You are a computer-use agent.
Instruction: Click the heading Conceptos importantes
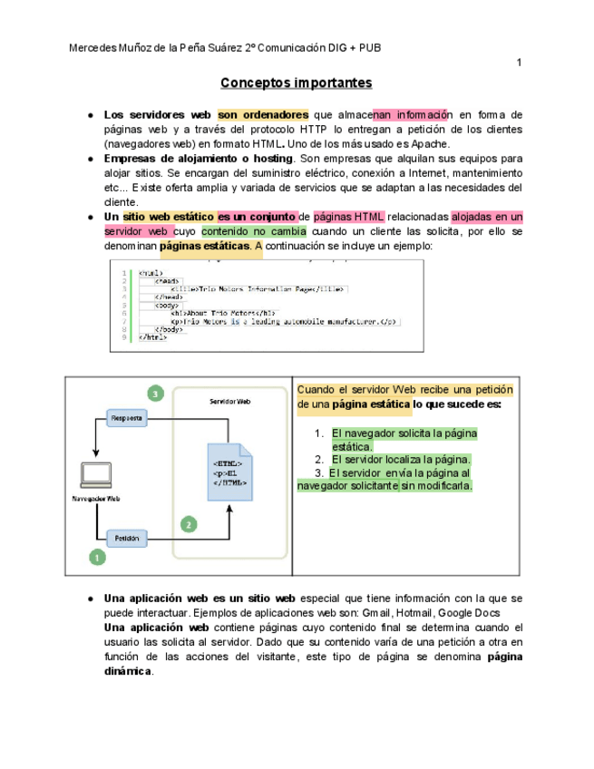pyautogui.click(x=296, y=83)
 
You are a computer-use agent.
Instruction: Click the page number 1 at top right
pyautogui.click(x=519, y=63)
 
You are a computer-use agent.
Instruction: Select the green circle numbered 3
pyautogui.click(x=156, y=394)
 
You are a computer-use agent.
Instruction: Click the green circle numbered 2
pyautogui.click(x=189, y=523)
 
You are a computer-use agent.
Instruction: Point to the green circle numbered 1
pyautogui.click(x=96, y=558)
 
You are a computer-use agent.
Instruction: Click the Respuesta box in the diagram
pyautogui.click(x=128, y=419)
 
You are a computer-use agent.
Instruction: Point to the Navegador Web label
pyautogui.click(x=96, y=498)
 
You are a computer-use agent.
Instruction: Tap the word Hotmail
pyautogui.click(x=420, y=613)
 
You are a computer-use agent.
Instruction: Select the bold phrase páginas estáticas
pyautogui.click(x=205, y=246)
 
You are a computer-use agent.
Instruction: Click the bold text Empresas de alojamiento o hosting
pyautogui.click(x=198, y=159)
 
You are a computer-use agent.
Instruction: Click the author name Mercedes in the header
pyautogui.click(x=93, y=47)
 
